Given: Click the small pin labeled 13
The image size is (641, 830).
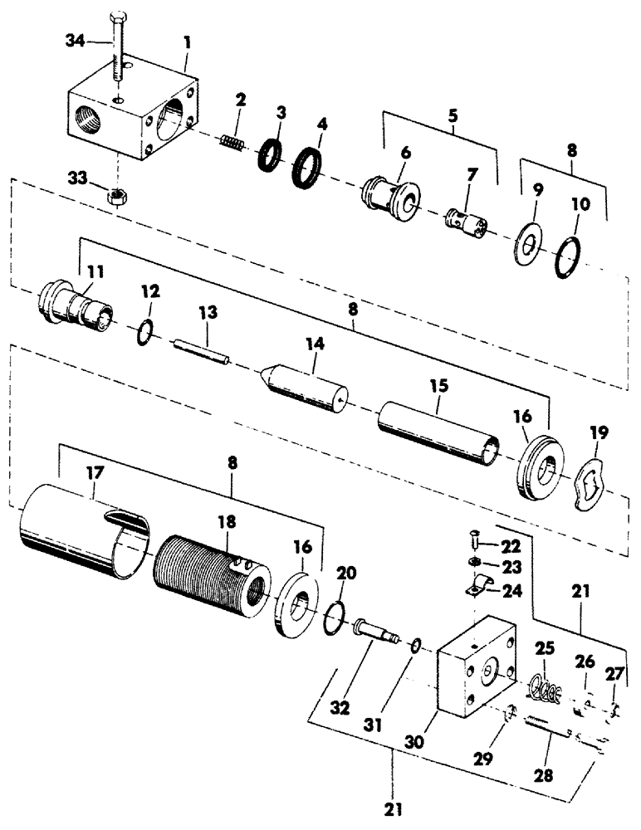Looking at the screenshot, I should pyautogui.click(x=202, y=348).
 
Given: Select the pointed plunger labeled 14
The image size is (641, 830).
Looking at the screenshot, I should pyautogui.click(x=305, y=385).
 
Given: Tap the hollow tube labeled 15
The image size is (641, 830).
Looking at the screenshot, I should pyautogui.click(x=438, y=427).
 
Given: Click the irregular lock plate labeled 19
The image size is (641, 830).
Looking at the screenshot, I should pyautogui.click(x=596, y=487).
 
